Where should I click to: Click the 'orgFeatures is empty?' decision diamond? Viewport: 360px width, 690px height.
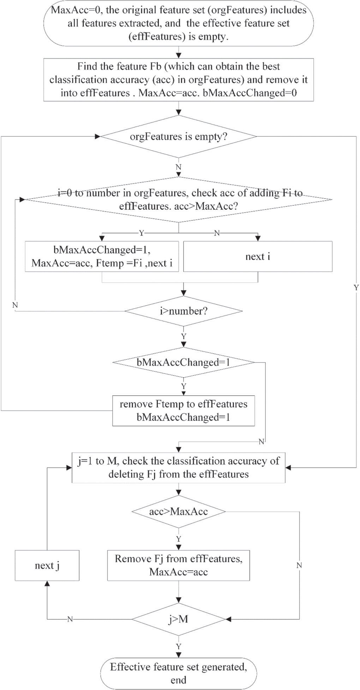tap(179, 136)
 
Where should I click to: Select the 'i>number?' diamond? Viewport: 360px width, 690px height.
tap(184, 311)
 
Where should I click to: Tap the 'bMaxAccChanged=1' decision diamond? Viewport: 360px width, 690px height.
tap(184, 362)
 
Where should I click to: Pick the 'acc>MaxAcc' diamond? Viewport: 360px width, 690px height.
tap(179, 511)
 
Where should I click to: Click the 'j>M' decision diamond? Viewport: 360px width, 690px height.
tap(179, 619)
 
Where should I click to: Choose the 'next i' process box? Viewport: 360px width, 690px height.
tap(258, 256)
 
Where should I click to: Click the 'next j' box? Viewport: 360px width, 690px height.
tap(47, 565)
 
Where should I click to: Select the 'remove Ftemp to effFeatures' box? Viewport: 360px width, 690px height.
tap(184, 411)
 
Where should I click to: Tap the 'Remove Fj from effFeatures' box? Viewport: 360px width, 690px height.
tap(179, 565)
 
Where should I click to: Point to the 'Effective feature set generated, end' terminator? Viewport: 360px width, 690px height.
tap(179, 673)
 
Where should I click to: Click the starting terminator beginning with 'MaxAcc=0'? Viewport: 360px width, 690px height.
tap(179, 23)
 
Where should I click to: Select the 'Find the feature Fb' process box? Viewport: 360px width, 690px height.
tap(179, 80)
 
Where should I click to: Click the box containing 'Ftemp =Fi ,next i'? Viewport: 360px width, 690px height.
tap(102, 256)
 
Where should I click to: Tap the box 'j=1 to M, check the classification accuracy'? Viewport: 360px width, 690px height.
tap(179, 468)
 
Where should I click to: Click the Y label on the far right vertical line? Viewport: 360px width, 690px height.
tap(356, 287)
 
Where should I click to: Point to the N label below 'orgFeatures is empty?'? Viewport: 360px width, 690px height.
tap(179, 167)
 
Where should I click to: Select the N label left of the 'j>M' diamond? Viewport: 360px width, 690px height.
tap(70, 619)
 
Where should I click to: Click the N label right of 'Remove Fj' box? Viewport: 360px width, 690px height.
tap(299, 565)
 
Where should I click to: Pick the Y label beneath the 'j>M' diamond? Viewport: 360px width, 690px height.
tap(179, 646)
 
